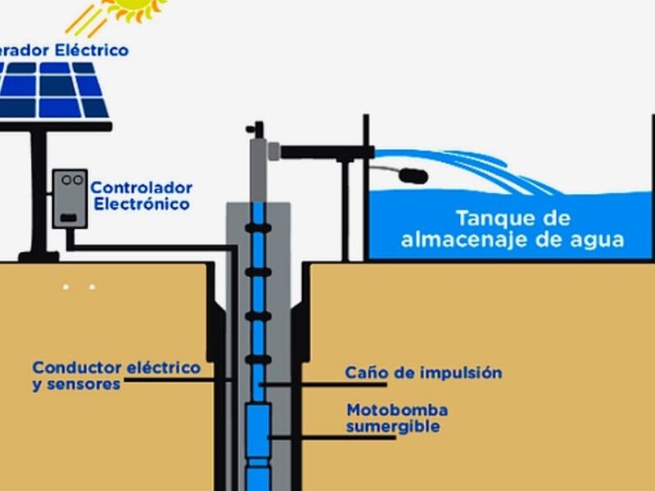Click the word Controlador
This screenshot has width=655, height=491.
pos(141,187)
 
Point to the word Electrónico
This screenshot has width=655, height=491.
pos(141,204)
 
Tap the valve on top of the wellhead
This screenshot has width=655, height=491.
pos(258,129)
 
